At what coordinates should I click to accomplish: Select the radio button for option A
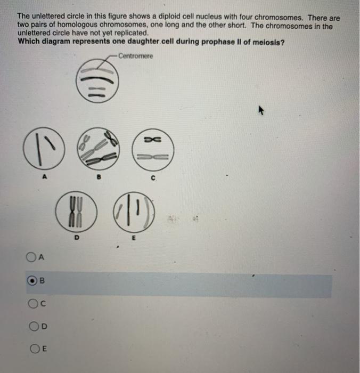pos(31,257)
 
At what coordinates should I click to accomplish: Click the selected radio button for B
pos(32,280)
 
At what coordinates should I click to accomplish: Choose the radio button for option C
pos(33,304)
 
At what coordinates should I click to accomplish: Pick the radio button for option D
pos(34,326)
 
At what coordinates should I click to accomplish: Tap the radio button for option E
pos(35,348)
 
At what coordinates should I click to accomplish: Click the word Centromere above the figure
pos(136,56)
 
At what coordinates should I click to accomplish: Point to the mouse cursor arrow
pos(261,110)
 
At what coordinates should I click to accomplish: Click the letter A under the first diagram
pos(44,177)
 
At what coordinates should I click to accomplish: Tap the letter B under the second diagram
pos(99,177)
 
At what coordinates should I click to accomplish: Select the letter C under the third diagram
pos(153,178)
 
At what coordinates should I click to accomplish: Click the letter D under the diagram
pos(77,238)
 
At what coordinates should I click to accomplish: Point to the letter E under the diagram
pos(133,238)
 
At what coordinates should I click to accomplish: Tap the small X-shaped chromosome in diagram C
pos(153,139)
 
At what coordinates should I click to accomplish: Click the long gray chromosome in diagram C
pos(153,157)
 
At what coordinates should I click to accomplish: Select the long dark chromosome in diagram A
pos(39,149)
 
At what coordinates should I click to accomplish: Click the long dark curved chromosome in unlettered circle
pos(97,79)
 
